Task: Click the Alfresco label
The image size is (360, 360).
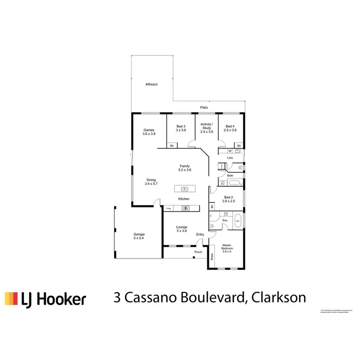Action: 152,84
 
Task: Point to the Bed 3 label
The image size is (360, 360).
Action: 180,128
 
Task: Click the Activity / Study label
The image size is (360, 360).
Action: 206,126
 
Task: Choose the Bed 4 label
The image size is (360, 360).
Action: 230,128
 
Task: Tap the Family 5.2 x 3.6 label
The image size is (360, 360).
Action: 185,168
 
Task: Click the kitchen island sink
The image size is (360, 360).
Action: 184,189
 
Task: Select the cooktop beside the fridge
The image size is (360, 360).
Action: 185,208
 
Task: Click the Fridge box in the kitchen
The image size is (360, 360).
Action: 168,208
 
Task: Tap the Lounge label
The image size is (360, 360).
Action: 181,229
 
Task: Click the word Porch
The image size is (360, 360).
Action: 198,252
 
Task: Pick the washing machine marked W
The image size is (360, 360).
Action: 229,151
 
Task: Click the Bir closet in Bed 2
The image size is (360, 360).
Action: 212,206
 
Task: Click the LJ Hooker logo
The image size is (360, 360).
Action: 46,299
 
